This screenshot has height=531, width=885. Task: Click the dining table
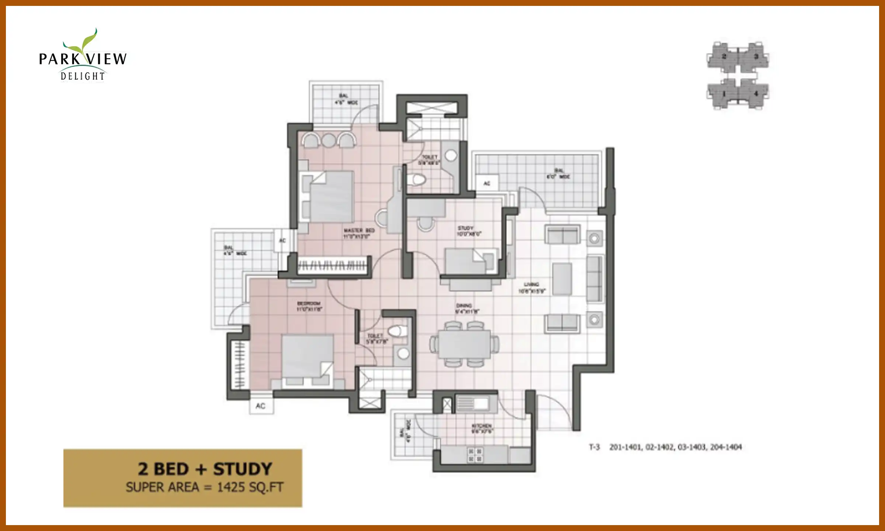tap(464, 344)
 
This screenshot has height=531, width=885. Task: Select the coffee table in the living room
tap(562, 278)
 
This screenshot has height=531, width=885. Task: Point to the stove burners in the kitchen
tap(475, 455)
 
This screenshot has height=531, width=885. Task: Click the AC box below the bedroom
tap(261, 406)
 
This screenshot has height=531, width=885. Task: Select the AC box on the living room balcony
tap(487, 183)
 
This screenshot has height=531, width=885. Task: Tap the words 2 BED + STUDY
tap(205, 469)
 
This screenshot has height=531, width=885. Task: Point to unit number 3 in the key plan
tap(756, 57)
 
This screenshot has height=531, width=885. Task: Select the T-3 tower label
tap(594, 447)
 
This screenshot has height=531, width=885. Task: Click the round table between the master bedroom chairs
tap(328, 140)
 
